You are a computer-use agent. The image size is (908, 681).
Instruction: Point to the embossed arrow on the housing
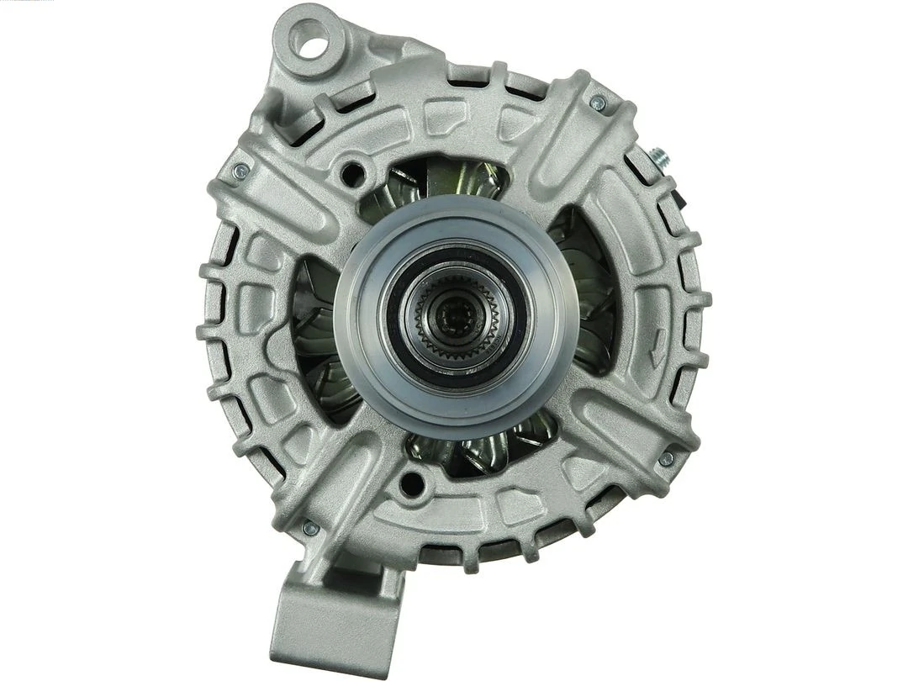[x=657, y=340]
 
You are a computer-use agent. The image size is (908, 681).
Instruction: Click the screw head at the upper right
[x=598, y=103]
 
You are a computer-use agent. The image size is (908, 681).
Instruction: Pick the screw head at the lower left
[x=309, y=528]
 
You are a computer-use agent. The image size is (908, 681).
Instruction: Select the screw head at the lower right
[x=666, y=458]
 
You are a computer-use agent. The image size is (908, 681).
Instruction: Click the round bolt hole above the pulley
[x=352, y=174]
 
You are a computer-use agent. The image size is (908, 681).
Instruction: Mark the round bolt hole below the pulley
[x=411, y=483]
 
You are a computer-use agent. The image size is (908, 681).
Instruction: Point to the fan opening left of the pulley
[x=315, y=336]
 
